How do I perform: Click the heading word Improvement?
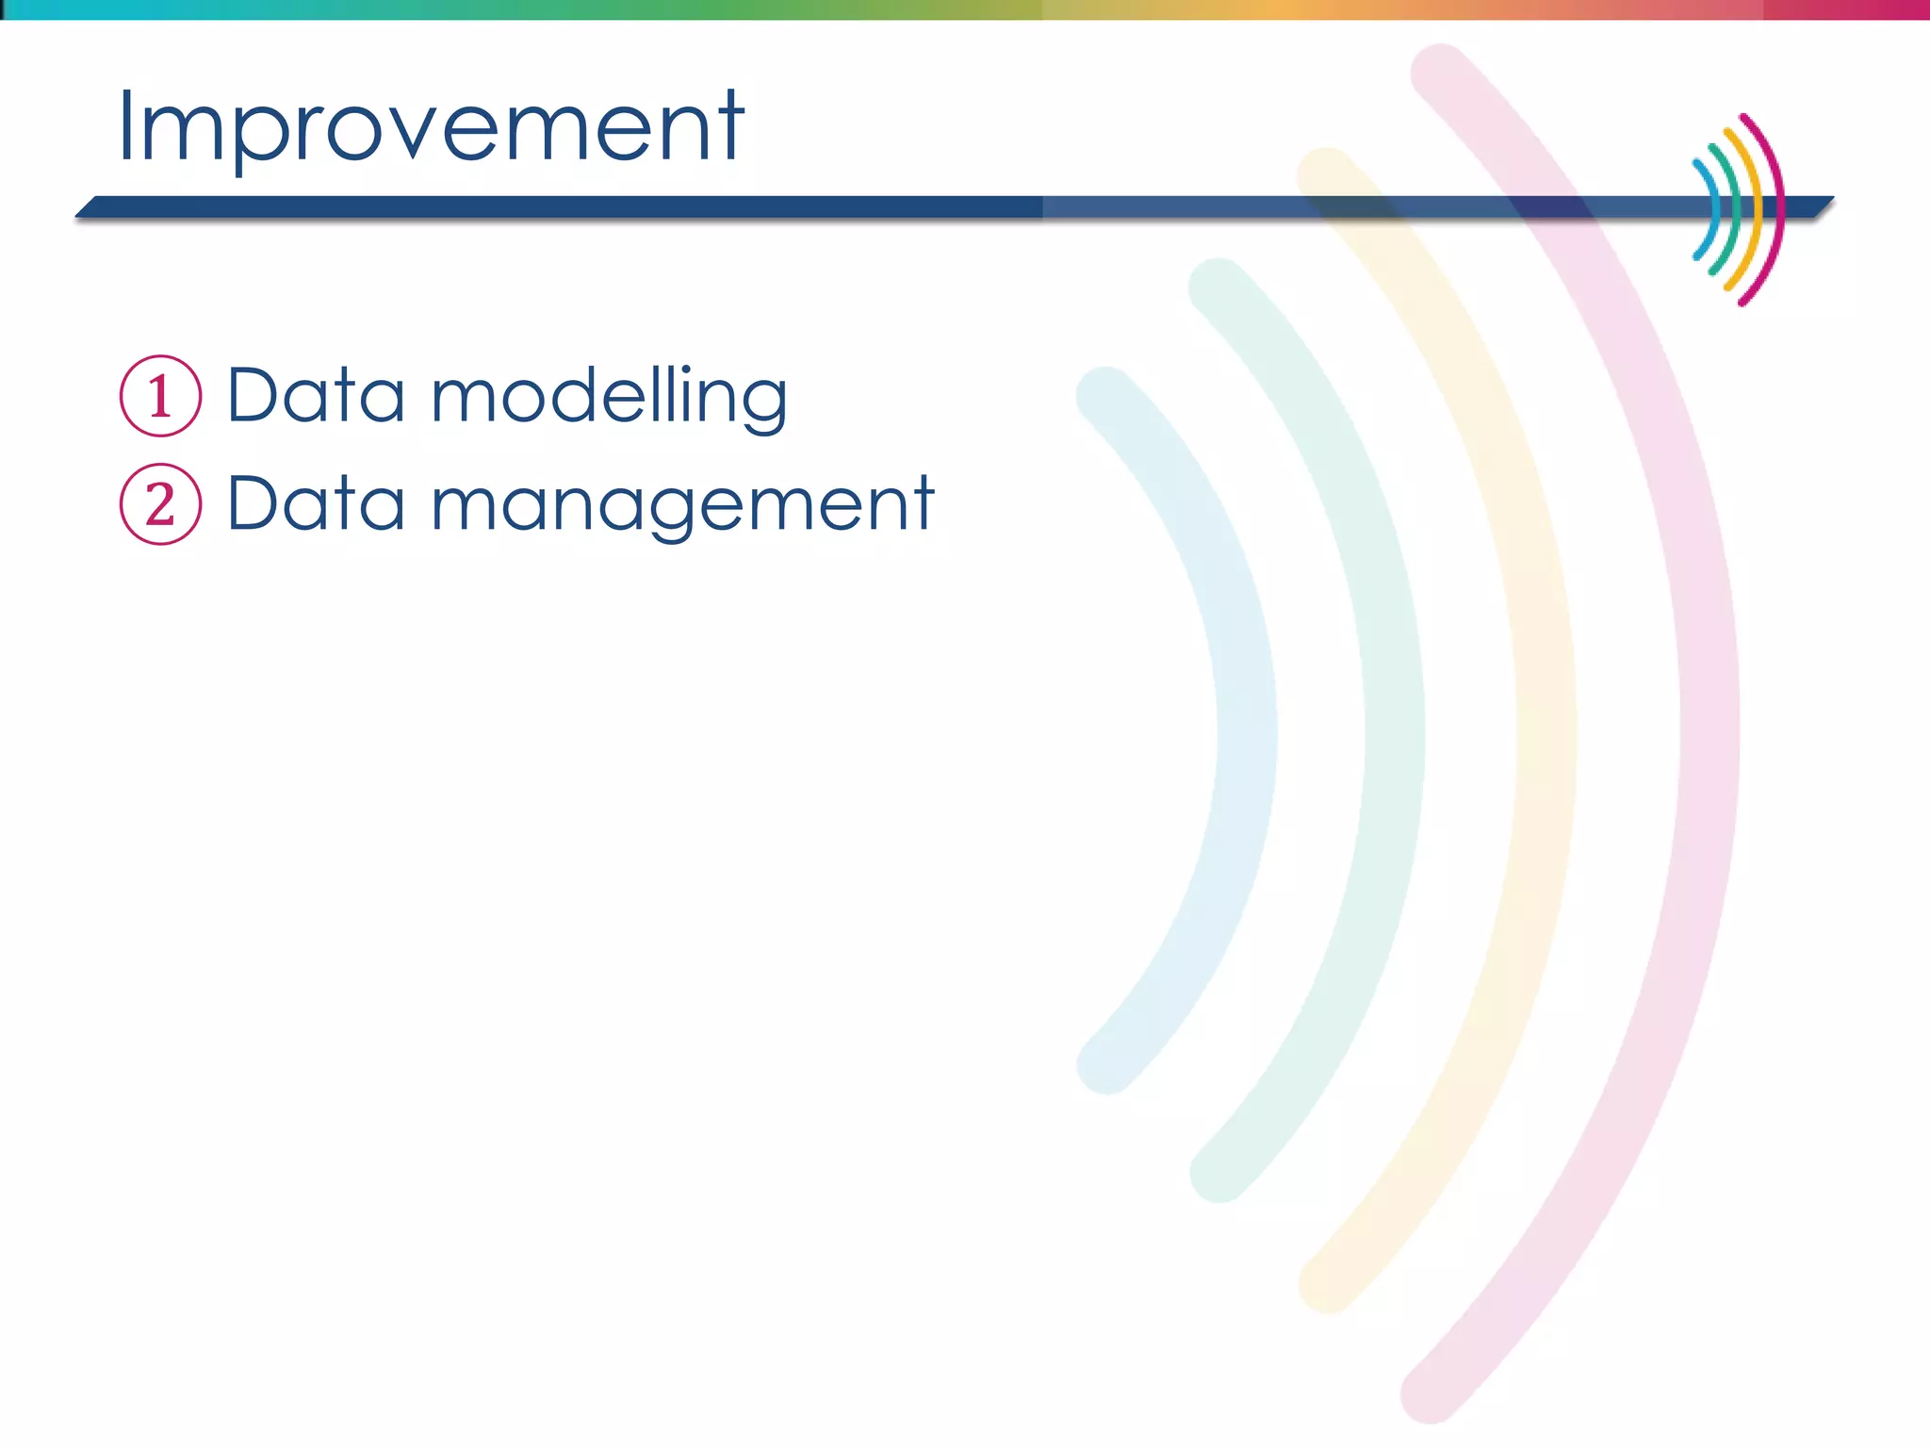click(431, 127)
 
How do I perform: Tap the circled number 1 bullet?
click(160, 396)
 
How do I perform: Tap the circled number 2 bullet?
click(160, 504)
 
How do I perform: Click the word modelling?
click(609, 396)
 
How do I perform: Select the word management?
click(681, 504)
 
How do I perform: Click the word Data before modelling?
click(316, 396)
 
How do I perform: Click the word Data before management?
click(316, 504)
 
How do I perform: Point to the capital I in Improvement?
click(126, 127)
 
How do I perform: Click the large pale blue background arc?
click(1246, 731)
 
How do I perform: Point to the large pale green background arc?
click(1395, 731)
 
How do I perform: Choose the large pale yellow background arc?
click(1546, 731)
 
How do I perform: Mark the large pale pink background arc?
click(1709, 731)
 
